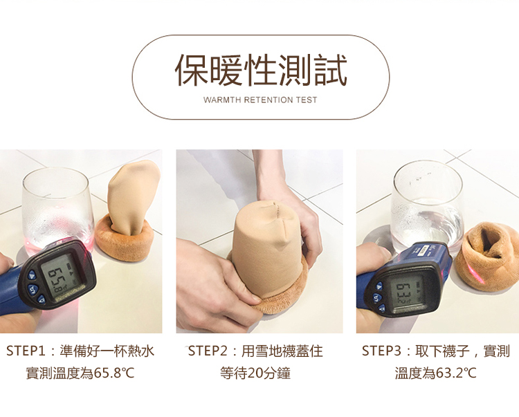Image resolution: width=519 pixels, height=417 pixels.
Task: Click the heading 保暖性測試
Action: (x=261, y=70)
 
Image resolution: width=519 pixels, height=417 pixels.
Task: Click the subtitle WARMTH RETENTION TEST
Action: (x=260, y=100)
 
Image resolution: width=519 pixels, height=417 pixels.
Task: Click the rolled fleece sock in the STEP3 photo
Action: (x=486, y=257)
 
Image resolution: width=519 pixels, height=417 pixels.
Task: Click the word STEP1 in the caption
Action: (x=26, y=351)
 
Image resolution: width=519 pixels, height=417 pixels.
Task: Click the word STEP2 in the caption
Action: (x=208, y=351)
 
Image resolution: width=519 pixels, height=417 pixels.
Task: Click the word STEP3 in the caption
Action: (x=381, y=351)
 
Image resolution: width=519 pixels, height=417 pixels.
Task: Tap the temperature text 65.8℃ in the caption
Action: (x=114, y=373)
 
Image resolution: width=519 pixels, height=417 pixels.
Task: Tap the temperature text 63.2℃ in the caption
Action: (x=456, y=373)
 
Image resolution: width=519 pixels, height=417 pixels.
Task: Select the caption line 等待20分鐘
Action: (x=255, y=373)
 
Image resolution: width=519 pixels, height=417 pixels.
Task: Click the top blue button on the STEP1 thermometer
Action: (x=32, y=275)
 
